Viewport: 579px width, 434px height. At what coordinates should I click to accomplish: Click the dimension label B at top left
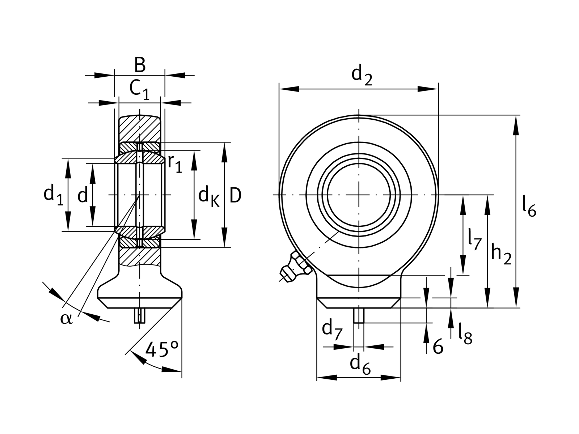pos(140,65)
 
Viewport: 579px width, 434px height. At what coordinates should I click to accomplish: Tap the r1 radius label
pos(175,164)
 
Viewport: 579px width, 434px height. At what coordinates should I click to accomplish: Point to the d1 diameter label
pos(53,195)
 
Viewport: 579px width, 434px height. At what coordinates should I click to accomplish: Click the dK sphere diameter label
pos(209,197)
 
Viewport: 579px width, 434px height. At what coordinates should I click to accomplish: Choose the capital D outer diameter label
pos(236,196)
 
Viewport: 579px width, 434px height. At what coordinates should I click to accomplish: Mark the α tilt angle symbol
pos(67,319)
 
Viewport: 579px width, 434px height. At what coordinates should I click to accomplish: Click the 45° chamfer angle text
pos(161,349)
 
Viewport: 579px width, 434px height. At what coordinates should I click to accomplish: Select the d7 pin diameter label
pos(331,330)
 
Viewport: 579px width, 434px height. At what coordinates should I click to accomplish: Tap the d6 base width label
pos(360,365)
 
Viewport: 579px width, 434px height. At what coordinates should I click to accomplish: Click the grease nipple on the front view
pos(295,268)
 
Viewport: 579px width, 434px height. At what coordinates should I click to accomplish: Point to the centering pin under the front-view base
pos(358,315)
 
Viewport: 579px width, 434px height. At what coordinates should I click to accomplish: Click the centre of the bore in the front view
pos(359,195)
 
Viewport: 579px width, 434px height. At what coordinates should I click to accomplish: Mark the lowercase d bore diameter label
pos(83,196)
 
